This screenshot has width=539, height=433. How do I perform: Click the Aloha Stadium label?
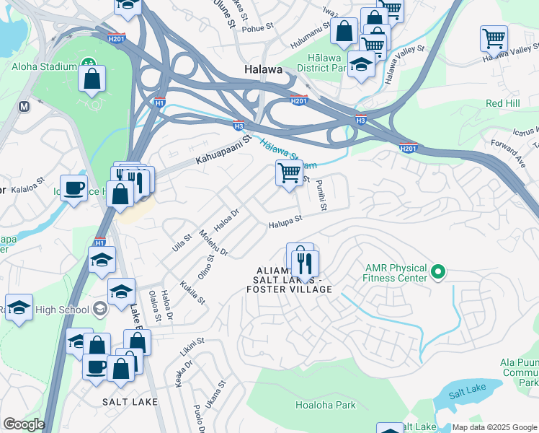43,66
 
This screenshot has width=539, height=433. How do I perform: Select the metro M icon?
24,106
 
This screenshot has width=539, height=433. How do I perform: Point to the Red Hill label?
503,104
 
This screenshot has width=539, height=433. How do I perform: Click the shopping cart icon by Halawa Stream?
289,173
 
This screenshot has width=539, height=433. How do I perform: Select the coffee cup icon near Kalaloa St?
73,188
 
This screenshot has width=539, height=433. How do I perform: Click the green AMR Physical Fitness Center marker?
437,273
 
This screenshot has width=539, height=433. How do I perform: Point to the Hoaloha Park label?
325,405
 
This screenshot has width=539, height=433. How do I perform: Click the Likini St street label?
192,346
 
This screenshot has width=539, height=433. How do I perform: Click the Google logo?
24,424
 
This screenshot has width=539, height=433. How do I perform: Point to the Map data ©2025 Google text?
494,427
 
